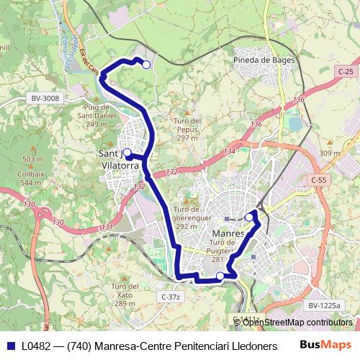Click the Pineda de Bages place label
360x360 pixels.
(265, 60)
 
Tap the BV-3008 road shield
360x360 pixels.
(45, 98)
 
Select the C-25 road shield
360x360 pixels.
(346, 71)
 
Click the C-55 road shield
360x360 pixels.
(318, 179)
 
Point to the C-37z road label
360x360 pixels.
(170, 297)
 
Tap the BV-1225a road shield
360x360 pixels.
(324, 305)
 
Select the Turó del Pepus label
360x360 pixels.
(187, 129)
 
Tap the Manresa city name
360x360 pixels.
(229, 234)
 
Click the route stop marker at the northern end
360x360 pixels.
(146, 65)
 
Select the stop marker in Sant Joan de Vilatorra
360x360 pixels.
(127, 153)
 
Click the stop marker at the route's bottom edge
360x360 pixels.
(220, 276)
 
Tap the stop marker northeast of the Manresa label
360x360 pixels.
(249, 217)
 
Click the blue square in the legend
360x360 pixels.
(9, 345)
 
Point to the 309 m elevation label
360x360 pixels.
(329, 153)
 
